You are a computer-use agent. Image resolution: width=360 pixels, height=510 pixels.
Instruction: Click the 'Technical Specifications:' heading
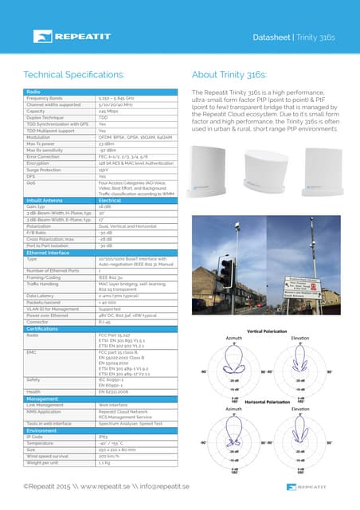(78, 75)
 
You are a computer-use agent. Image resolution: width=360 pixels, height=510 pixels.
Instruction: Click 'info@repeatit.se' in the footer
(162, 486)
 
